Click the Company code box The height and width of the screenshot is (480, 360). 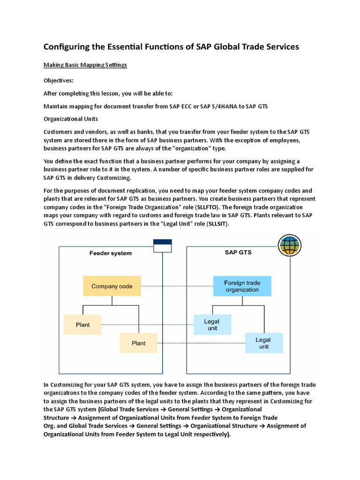tap(112, 286)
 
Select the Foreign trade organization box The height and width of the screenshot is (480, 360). tap(241, 286)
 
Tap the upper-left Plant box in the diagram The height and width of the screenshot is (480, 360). tap(82, 324)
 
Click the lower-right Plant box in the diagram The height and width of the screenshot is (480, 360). tap(138, 343)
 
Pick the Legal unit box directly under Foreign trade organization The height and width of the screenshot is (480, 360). tap(212, 324)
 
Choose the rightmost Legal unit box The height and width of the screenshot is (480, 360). tap(263, 343)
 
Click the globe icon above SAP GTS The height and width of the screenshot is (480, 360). tap(289, 245)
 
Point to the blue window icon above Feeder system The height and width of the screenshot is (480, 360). tap(162, 246)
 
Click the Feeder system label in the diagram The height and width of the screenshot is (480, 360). tap(111, 253)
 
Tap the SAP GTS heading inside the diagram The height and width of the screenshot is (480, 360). tap(238, 252)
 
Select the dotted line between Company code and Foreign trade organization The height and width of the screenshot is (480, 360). tap(177, 286)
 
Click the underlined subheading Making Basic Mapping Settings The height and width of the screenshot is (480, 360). tap(85, 65)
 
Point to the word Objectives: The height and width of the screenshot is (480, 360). tap(58, 80)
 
